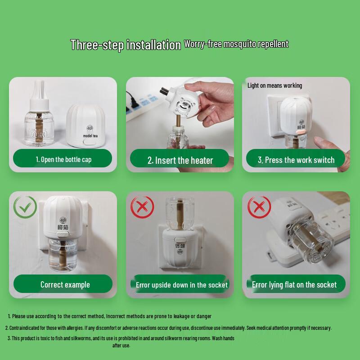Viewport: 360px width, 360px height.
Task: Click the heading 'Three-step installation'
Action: pyautogui.click(x=125, y=45)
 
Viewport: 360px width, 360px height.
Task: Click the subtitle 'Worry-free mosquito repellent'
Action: pyautogui.click(x=236, y=44)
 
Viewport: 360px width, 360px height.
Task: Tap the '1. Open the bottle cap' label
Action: pyautogui.click(x=63, y=159)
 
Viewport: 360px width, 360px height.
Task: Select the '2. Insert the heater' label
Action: pyautogui.click(x=180, y=160)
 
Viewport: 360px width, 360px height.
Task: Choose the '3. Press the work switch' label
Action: pyautogui.click(x=296, y=160)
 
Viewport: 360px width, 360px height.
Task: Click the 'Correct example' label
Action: pyautogui.click(x=65, y=284)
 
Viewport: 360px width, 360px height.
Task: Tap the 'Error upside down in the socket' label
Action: pyautogui.click(x=182, y=285)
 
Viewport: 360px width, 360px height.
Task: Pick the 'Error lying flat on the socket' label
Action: pyautogui.click(x=294, y=284)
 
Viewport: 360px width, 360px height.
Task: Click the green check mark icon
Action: pyautogui.click(x=26, y=207)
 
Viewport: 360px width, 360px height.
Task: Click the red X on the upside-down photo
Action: pyautogui.click(x=142, y=207)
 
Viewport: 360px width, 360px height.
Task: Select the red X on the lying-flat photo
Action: pyautogui.click(x=259, y=207)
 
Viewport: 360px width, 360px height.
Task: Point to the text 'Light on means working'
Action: pyautogui.click(x=274, y=85)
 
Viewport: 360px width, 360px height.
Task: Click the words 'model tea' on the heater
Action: pyautogui.click(x=93, y=135)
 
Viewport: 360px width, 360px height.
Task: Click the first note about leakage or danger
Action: pyautogui.click(x=110, y=316)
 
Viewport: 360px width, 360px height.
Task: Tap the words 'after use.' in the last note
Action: pyautogui.click(x=121, y=345)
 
